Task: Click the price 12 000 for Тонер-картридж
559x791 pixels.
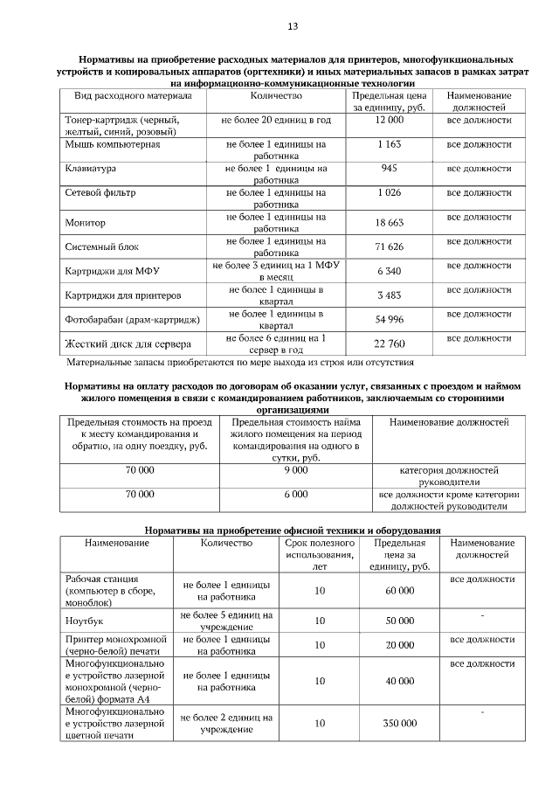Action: (390, 118)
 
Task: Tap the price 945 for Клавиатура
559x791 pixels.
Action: (390, 168)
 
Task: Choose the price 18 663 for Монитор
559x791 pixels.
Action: (390, 223)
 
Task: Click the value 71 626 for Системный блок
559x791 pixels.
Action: (390, 247)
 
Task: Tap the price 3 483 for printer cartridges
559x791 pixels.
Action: (390, 295)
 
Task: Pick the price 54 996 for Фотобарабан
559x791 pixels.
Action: (390, 320)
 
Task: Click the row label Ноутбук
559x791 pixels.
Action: (85, 621)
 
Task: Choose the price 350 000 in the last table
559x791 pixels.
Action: (399, 724)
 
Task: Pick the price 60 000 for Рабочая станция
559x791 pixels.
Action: (399, 591)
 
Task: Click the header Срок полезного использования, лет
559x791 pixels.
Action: (319, 554)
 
